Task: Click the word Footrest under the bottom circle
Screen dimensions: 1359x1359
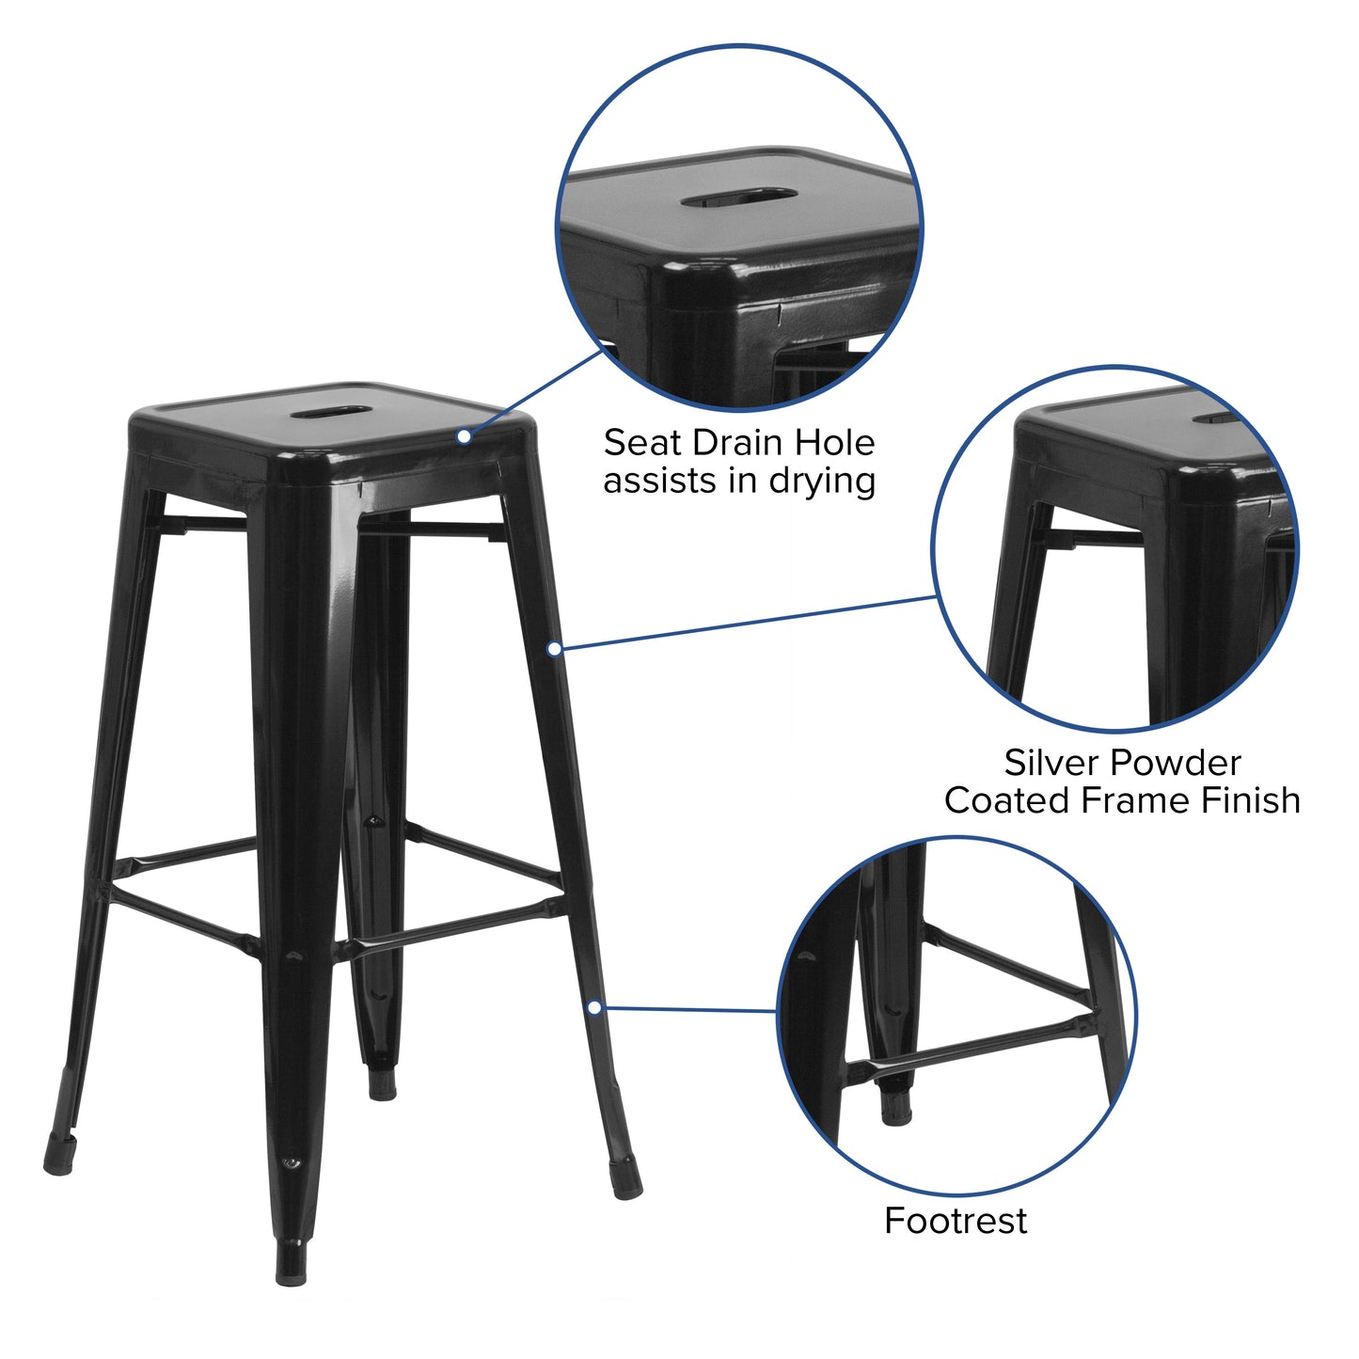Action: (956, 1221)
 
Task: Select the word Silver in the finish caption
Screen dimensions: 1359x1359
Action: (1054, 762)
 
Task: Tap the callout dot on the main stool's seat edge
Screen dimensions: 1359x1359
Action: (465, 436)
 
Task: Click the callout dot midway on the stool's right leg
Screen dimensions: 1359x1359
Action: (555, 648)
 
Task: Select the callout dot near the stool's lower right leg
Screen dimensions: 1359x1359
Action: (594, 1007)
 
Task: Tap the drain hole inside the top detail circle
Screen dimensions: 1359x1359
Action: (739, 198)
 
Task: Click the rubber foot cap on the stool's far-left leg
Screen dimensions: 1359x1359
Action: (58, 1155)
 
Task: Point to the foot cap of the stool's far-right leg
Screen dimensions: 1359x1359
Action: (626, 1179)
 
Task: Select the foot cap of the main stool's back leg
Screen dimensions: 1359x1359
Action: (382, 1083)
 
